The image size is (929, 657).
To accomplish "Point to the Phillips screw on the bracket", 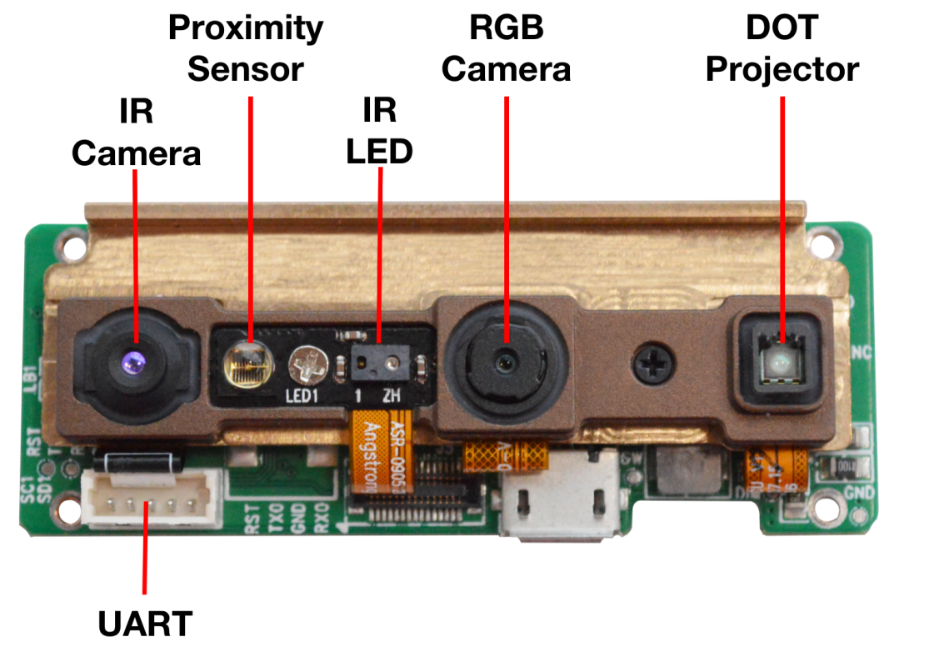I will [x=651, y=365].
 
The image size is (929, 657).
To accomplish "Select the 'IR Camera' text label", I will [x=136, y=133].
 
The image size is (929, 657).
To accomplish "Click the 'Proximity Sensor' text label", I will [x=246, y=48].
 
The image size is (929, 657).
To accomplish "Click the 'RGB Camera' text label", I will [x=507, y=48].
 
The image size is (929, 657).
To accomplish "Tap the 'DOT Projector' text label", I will [x=782, y=48].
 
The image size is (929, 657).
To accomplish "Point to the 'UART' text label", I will [x=146, y=623].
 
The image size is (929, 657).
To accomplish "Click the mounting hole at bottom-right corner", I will [x=826, y=506].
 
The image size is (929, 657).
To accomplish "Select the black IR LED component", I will [x=379, y=364].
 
